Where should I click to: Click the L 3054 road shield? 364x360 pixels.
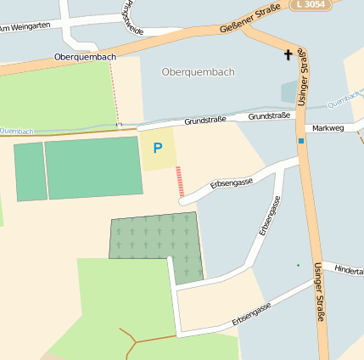pos(310,5)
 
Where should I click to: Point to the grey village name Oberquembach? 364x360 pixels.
pos(197,72)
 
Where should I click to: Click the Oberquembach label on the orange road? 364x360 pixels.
pos(84,57)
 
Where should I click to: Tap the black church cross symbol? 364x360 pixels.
pos(288,56)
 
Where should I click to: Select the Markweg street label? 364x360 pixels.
pos(328,128)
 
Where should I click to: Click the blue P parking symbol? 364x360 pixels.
pos(157,149)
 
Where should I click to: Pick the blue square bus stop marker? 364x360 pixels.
pos(300,140)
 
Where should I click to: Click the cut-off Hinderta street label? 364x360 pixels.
pos(349,270)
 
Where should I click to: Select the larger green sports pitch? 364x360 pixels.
pos(93,167)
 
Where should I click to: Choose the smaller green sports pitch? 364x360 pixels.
pos(30,172)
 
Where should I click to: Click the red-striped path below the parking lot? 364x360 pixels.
pos(180,183)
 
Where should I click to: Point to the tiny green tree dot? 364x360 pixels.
pos(298,266)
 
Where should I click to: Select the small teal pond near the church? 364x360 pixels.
pos(289,91)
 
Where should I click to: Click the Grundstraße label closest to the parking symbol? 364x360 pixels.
pos(204,121)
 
